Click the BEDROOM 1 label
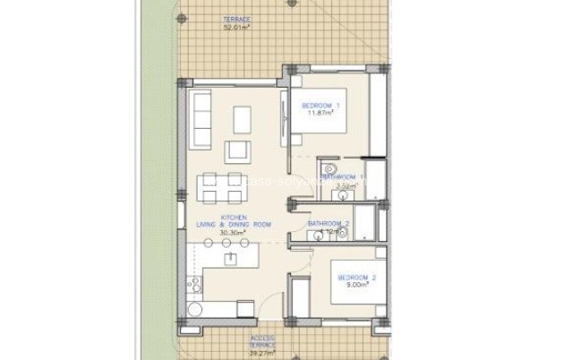(320, 107)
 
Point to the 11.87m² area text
(320, 115)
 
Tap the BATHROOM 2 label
(329, 222)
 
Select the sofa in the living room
(201, 122)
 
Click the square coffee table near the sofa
(242, 118)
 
